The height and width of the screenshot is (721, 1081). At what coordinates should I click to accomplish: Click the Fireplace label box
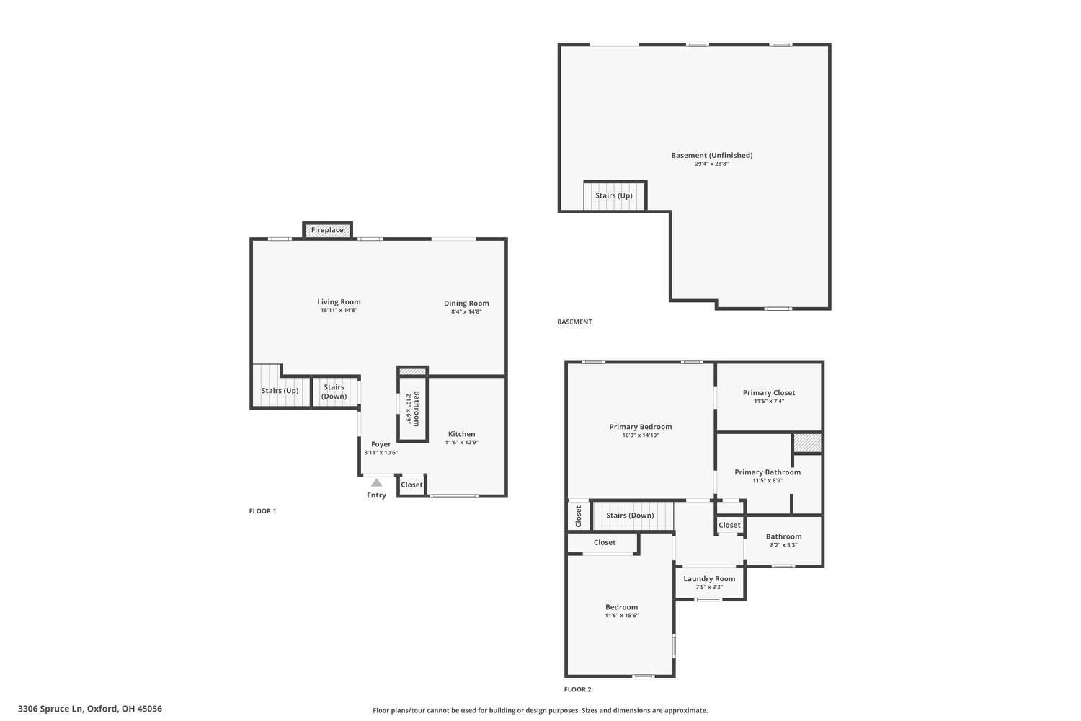pyautogui.click(x=327, y=230)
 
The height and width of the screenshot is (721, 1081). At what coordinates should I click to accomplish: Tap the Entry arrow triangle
pyautogui.click(x=376, y=483)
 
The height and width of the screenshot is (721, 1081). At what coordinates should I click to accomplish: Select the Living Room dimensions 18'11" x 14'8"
pyautogui.click(x=339, y=311)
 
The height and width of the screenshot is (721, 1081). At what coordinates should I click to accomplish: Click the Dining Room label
pyautogui.click(x=466, y=304)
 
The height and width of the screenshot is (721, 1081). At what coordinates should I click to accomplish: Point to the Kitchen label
pyautogui.click(x=461, y=434)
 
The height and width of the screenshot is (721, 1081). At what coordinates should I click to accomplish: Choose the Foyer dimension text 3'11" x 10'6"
pyautogui.click(x=381, y=453)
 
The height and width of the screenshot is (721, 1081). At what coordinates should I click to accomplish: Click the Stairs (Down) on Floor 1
pyautogui.click(x=334, y=392)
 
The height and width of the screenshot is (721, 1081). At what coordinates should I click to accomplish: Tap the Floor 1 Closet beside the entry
pyautogui.click(x=412, y=485)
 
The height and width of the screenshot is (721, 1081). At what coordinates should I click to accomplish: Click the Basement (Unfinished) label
pyautogui.click(x=712, y=156)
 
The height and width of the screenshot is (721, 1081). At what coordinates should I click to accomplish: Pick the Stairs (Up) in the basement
pyautogui.click(x=614, y=195)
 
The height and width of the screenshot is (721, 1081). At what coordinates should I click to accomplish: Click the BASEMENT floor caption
pyautogui.click(x=574, y=322)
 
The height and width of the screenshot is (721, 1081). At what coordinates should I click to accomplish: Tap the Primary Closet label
pyautogui.click(x=769, y=393)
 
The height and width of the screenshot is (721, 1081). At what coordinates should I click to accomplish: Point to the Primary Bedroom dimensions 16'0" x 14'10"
pyautogui.click(x=641, y=435)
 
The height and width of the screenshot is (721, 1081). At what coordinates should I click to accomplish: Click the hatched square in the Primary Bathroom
pyautogui.click(x=807, y=443)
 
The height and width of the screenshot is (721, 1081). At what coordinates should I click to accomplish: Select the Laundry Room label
pyautogui.click(x=709, y=578)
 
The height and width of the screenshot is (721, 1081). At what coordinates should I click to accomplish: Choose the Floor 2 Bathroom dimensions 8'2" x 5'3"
pyautogui.click(x=783, y=545)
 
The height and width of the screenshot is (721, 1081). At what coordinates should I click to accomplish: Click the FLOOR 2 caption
pyautogui.click(x=578, y=689)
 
